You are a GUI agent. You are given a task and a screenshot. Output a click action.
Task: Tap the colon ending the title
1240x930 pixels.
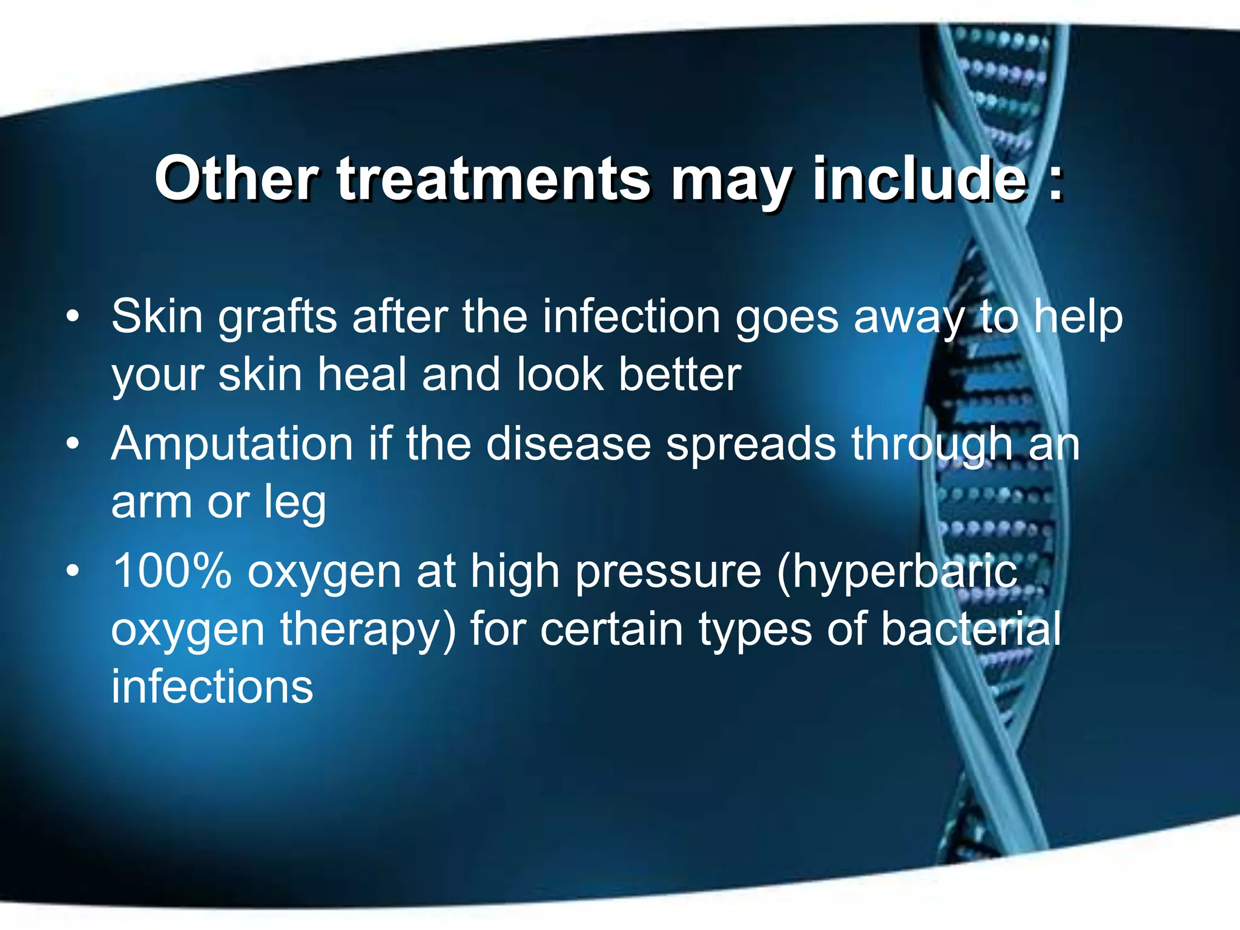coord(1055,182)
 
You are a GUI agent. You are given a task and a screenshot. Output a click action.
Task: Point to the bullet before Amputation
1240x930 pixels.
coord(73,444)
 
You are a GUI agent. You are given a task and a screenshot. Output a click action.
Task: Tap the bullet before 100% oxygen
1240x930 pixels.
coord(73,572)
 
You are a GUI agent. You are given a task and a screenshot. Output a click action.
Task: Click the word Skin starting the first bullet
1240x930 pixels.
coord(157,316)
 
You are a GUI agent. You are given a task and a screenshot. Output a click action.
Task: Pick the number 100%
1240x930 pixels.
coord(172,571)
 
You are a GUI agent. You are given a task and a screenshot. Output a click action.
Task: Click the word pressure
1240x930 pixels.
coord(668,573)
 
